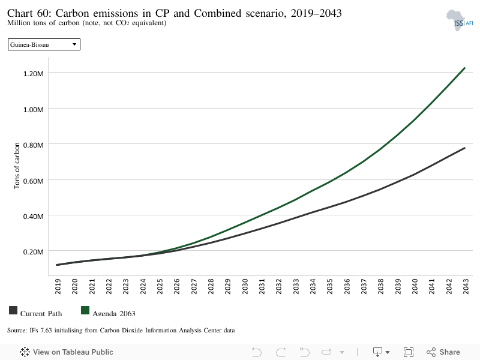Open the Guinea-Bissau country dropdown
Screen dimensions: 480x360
click(44, 44)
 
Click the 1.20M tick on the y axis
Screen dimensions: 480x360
click(34, 73)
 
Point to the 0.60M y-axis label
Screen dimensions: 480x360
click(34, 181)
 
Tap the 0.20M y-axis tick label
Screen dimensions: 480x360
click(34, 252)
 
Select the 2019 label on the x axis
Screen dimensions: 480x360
click(58, 286)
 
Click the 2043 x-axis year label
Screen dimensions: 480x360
click(466, 286)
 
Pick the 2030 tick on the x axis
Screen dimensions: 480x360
click(245, 286)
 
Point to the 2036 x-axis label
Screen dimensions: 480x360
click(347, 286)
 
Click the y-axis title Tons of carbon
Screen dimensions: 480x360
click(17, 166)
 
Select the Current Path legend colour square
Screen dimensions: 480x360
click(13, 310)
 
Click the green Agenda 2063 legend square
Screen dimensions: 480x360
click(85, 310)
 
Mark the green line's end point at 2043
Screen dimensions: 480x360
click(464, 68)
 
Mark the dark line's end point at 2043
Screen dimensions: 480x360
click(464, 148)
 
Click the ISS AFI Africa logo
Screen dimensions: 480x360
click(459, 20)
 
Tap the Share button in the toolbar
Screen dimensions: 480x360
click(443, 352)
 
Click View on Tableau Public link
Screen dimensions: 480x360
click(67, 352)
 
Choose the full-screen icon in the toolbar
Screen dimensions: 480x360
click(409, 352)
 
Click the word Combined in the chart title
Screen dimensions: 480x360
click(218, 13)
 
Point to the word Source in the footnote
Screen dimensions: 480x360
click(17, 331)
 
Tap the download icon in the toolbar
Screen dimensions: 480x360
click(378, 352)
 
